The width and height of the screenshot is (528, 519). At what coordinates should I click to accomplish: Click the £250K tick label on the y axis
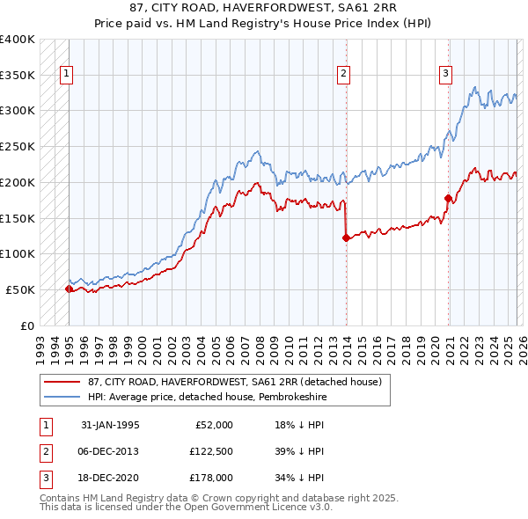18,147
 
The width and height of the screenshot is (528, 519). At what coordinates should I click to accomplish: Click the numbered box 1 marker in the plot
68,75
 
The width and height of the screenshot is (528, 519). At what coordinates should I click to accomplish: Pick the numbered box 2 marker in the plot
344,75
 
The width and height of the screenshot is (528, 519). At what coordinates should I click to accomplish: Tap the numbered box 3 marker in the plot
446,75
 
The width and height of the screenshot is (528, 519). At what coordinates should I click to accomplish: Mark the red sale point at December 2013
346,237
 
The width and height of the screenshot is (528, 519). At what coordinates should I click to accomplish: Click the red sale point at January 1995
69,288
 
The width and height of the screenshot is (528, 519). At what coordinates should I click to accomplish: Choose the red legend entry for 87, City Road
234,382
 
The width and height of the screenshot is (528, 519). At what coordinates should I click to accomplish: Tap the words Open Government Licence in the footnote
246,508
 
